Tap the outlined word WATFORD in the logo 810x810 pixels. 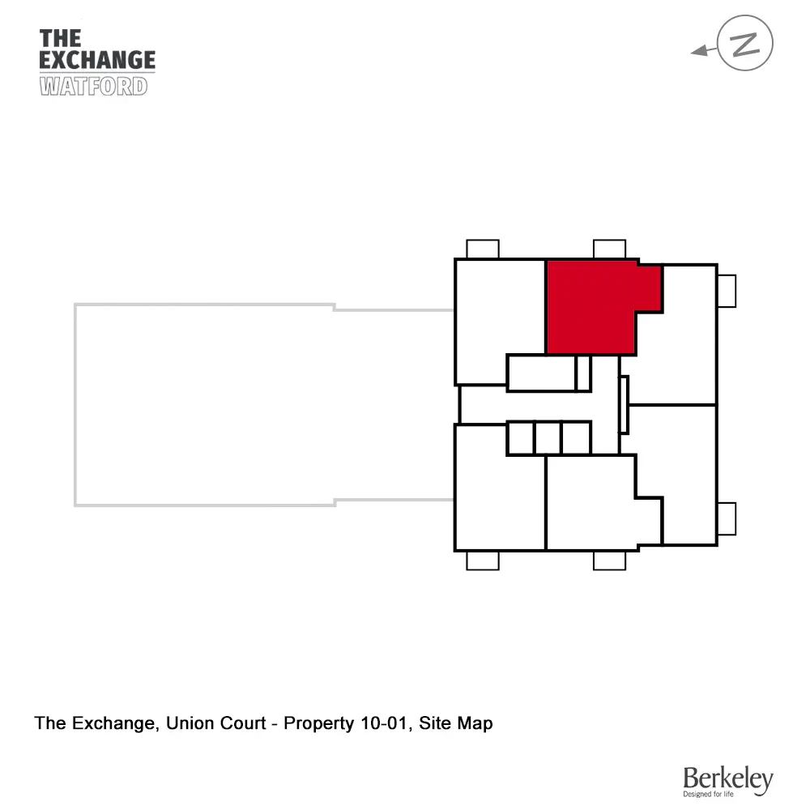coord(93,86)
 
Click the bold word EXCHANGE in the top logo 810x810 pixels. coord(97,60)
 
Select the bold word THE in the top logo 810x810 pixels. coord(60,38)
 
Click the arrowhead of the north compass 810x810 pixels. coord(697,52)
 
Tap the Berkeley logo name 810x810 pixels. coord(727,779)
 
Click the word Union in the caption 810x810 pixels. coord(186,723)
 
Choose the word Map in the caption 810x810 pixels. coord(475,723)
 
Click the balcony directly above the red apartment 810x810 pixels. coord(609,249)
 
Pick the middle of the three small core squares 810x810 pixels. coord(548,437)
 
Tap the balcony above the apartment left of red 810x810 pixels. coord(483,249)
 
